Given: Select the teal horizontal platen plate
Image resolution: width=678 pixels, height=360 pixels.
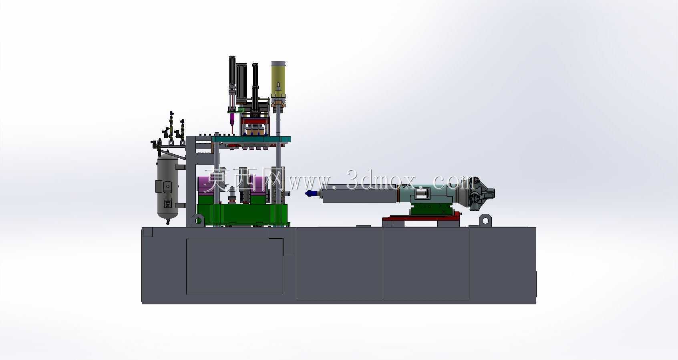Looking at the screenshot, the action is [251, 139].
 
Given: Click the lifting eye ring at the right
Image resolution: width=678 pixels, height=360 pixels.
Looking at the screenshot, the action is [485, 220].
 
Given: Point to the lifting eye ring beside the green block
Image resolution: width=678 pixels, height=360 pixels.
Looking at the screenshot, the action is [198, 220].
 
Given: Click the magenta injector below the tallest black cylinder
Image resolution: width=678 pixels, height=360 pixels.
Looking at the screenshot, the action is [232, 119].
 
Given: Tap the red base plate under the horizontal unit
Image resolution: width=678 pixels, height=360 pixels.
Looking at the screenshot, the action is [421, 217].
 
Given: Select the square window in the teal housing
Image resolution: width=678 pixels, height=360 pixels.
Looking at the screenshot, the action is [422, 193].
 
